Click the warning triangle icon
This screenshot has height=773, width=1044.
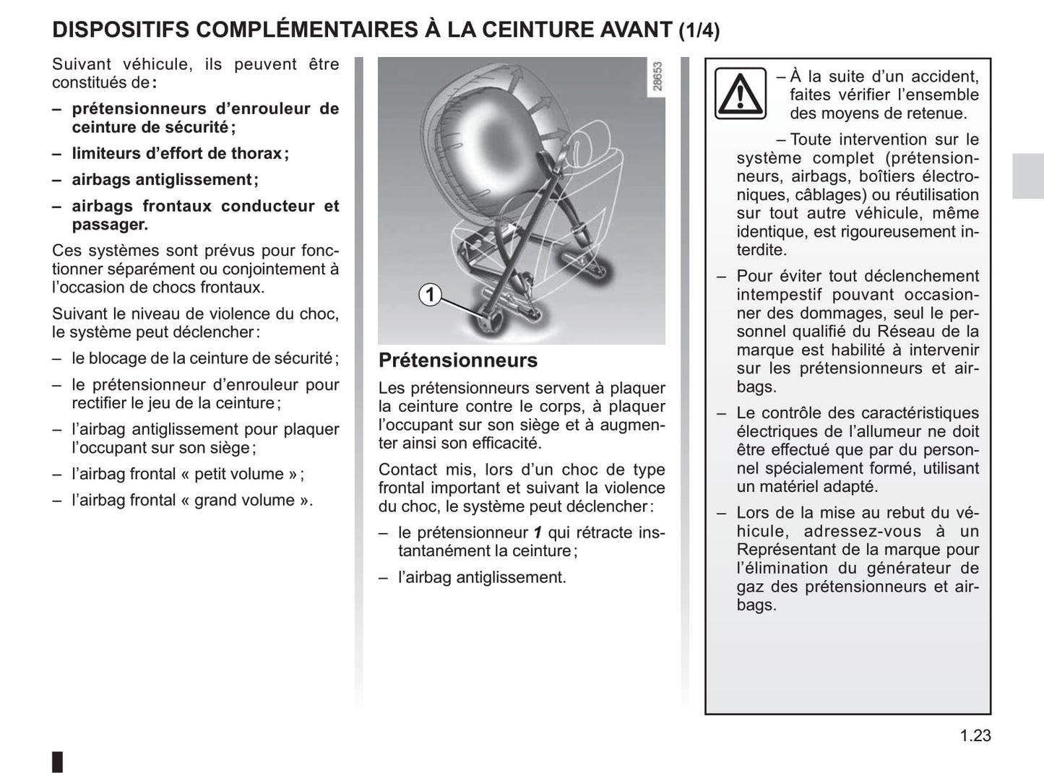click(x=740, y=93)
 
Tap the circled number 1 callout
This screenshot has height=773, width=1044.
click(x=430, y=295)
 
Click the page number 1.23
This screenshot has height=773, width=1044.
click(x=975, y=735)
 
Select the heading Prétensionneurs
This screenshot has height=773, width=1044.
click(x=458, y=360)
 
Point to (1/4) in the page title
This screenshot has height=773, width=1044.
click(x=699, y=30)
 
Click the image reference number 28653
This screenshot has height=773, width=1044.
click(x=657, y=77)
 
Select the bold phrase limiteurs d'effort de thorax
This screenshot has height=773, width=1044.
click(x=177, y=153)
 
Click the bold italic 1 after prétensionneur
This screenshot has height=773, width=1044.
click(x=538, y=533)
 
